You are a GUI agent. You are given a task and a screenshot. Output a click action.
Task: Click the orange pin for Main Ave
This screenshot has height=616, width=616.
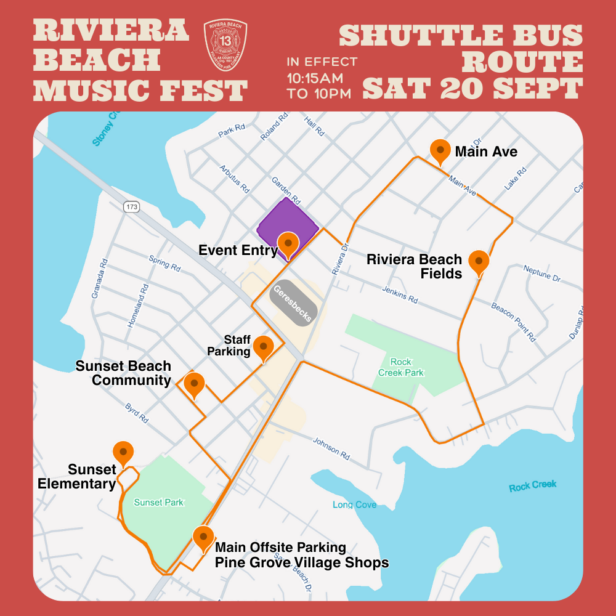[440, 150]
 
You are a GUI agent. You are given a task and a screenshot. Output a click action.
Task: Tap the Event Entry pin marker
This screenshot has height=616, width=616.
[288, 243]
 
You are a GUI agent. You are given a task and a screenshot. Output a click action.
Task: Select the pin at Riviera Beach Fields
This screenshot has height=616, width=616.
[479, 261]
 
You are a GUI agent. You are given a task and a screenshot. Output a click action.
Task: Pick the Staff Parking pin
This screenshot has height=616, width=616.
[264, 347]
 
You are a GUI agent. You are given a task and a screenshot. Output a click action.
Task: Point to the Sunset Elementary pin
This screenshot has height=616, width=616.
[123, 453]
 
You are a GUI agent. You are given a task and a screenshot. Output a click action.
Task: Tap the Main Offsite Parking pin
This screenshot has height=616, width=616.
[203, 537]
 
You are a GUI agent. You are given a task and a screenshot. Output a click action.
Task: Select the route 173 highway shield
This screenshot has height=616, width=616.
[131, 207]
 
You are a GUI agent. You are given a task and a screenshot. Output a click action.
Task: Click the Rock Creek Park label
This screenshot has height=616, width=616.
[402, 367]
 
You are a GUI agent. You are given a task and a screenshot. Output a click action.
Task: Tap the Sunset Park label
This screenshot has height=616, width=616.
[159, 503]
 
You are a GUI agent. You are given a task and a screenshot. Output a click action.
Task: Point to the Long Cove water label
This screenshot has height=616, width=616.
[355, 505]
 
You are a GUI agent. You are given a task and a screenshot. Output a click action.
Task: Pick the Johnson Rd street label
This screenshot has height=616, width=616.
[331, 449]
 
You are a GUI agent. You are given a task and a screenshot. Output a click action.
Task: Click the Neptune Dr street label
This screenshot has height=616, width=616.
[541, 274]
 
